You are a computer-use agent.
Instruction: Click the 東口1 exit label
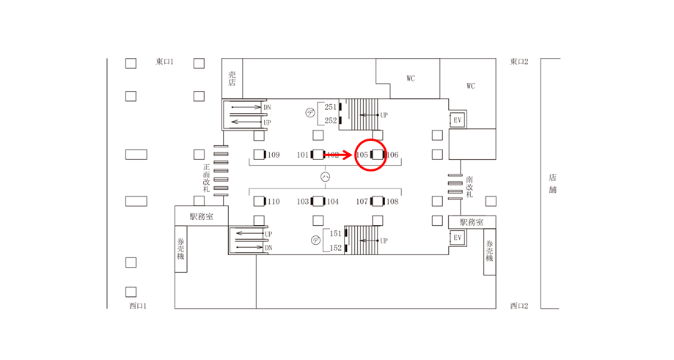click(x=164, y=62)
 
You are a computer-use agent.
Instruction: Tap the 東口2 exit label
click(x=519, y=62)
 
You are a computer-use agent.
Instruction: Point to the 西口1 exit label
click(x=138, y=305)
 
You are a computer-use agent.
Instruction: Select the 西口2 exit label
click(x=519, y=305)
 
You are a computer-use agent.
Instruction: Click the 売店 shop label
click(x=232, y=78)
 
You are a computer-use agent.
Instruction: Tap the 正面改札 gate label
click(x=207, y=178)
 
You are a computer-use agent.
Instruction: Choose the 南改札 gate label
click(x=469, y=187)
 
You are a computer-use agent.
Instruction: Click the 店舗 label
click(x=552, y=183)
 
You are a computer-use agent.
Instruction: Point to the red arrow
click(x=338, y=155)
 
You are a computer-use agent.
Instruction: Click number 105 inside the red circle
click(x=362, y=155)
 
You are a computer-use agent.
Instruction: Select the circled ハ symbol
click(x=325, y=177)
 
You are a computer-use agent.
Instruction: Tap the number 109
click(x=274, y=155)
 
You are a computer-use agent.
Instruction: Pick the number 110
click(x=274, y=202)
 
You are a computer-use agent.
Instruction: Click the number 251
click(x=331, y=107)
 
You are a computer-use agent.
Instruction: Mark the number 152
click(x=335, y=248)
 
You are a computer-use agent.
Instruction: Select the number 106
click(x=392, y=155)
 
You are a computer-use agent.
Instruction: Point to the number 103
click(x=303, y=202)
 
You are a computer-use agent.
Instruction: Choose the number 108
click(x=392, y=202)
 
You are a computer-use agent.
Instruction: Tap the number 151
click(x=335, y=233)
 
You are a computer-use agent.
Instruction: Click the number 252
click(x=331, y=121)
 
